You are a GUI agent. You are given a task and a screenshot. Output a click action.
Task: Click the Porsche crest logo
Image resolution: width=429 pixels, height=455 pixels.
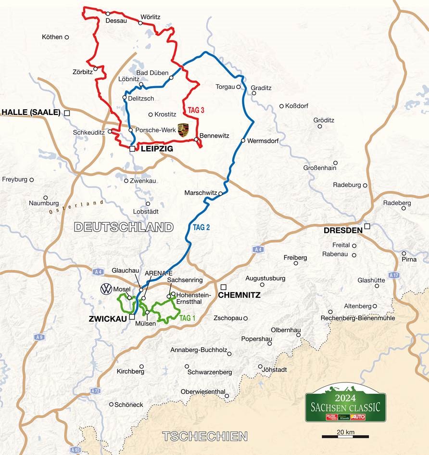(182, 130)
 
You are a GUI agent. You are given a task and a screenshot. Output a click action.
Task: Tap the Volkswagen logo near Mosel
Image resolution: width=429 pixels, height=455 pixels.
(106, 289)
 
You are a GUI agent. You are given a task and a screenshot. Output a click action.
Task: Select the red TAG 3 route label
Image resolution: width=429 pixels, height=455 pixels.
(196, 110)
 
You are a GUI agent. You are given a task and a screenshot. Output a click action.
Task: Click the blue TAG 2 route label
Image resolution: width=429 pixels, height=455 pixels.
(202, 228)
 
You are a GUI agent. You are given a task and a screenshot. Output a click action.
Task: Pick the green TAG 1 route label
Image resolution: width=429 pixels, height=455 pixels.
(188, 318)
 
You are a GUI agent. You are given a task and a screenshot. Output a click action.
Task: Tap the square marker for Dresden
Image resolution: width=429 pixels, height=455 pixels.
(367, 226)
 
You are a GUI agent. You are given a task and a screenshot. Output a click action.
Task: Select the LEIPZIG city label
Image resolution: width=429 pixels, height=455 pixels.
(156, 150)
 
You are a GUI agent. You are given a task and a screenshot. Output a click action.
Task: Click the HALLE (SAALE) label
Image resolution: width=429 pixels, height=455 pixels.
(31, 113)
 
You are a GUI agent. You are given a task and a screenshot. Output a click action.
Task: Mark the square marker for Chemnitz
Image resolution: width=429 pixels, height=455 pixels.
(223, 287)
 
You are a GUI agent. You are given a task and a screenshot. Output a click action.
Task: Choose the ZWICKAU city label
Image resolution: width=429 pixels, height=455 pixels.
(110, 318)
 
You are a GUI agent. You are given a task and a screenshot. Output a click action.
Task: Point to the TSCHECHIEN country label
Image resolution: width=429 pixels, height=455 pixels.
(205, 436)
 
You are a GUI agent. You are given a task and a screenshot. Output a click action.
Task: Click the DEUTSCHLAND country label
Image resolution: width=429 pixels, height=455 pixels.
(124, 227)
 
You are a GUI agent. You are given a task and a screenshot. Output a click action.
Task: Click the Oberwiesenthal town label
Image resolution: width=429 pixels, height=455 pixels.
(202, 392)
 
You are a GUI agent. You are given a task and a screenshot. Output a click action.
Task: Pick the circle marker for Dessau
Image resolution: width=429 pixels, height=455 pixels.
(108, 13)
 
